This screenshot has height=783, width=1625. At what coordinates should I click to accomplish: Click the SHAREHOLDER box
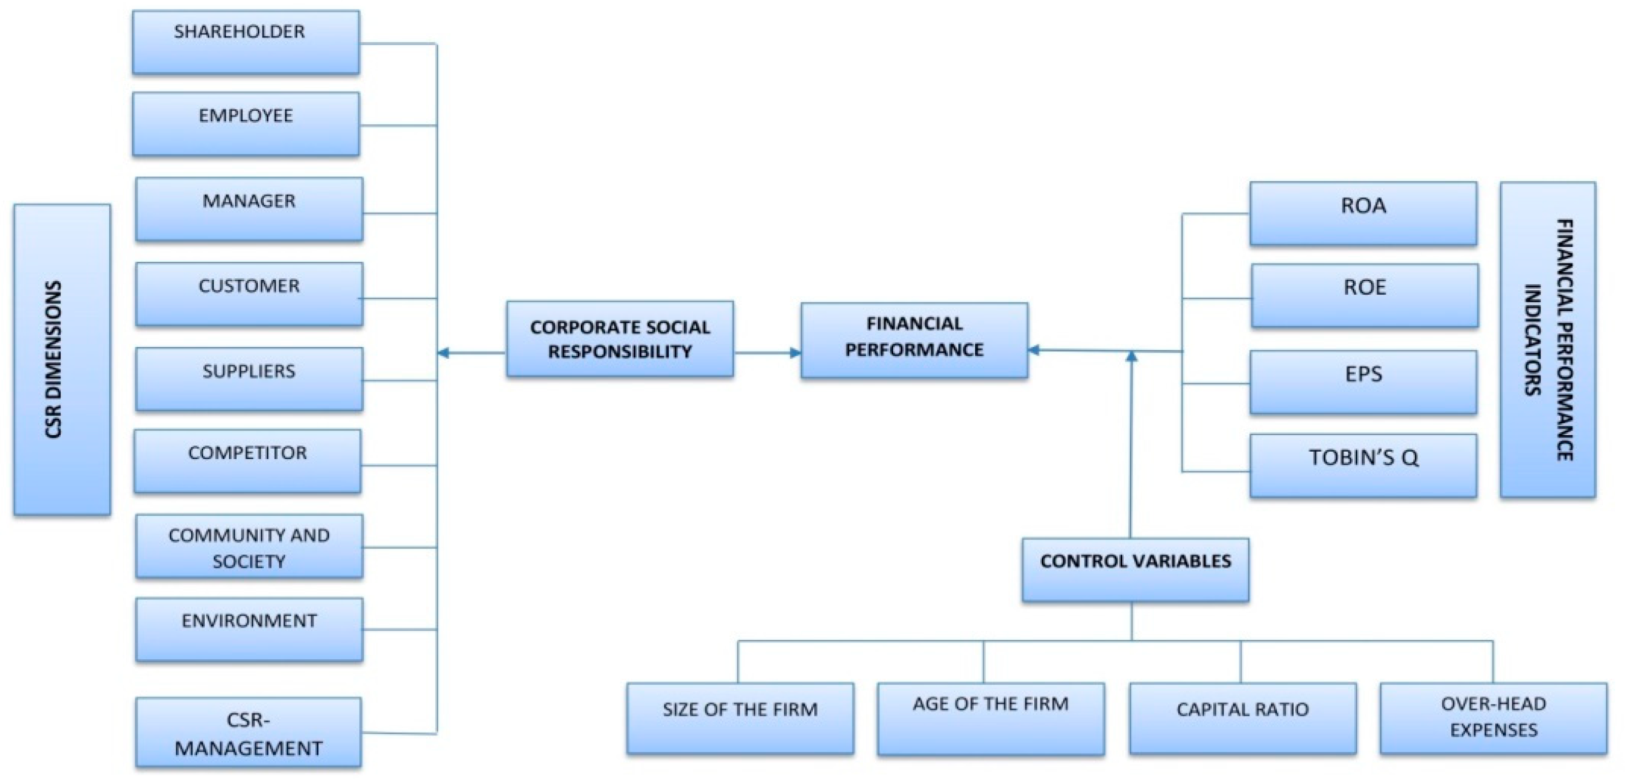[x=245, y=42]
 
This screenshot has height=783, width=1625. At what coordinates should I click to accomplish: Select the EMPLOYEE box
[x=245, y=124]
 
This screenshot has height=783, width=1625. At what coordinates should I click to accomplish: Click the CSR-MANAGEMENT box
[x=248, y=732]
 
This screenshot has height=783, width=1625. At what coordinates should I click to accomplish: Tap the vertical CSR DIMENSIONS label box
[x=62, y=360]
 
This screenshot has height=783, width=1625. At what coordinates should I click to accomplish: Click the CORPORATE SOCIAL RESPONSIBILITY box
[x=619, y=339]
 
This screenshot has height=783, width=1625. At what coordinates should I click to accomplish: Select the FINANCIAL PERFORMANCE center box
[x=914, y=341]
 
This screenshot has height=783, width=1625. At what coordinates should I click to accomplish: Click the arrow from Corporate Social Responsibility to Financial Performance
[x=767, y=353]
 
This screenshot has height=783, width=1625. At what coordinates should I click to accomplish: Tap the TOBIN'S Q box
[x=1363, y=466]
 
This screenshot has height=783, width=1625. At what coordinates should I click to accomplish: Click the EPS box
[x=1363, y=383]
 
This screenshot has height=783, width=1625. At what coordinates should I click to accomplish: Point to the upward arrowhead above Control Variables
[x=1132, y=357]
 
